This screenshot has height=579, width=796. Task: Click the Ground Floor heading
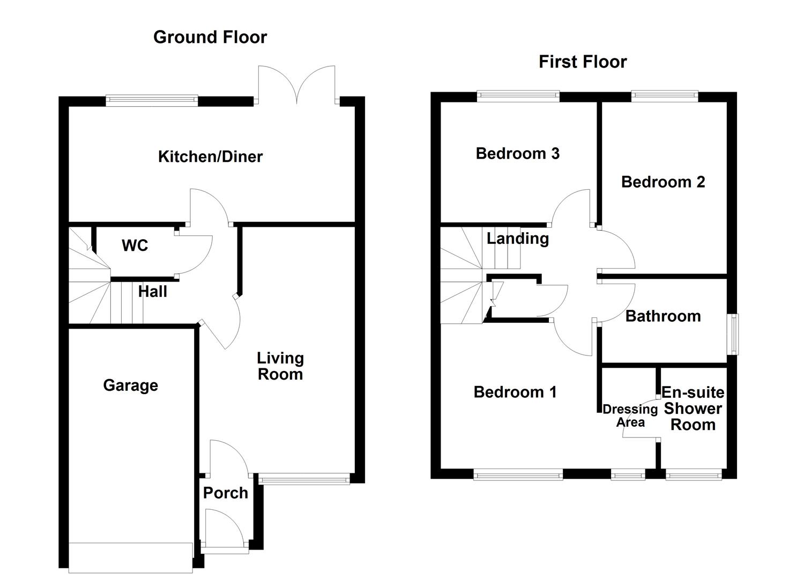[x=210, y=37]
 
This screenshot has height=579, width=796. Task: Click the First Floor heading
[x=582, y=62]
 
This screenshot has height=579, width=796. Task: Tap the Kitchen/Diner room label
[x=210, y=157]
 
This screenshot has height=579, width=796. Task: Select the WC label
[x=135, y=246]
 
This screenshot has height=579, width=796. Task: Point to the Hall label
[x=152, y=292]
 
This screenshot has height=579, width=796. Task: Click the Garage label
[x=130, y=385]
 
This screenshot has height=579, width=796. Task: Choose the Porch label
[x=225, y=493]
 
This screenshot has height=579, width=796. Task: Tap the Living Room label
[x=280, y=366]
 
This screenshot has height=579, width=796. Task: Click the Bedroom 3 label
[x=517, y=153]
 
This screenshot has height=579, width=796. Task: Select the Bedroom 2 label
[x=663, y=182]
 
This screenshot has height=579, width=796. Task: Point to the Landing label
[x=517, y=238]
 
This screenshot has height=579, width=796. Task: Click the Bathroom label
[x=663, y=316]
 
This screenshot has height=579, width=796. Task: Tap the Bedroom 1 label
[x=515, y=392]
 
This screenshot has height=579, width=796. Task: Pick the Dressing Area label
[x=630, y=415]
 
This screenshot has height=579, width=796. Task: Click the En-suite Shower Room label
[x=693, y=409]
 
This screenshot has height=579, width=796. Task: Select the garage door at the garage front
[x=130, y=558]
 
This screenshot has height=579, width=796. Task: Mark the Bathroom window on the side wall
[x=732, y=334]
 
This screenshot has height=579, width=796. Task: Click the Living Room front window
[x=304, y=479]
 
